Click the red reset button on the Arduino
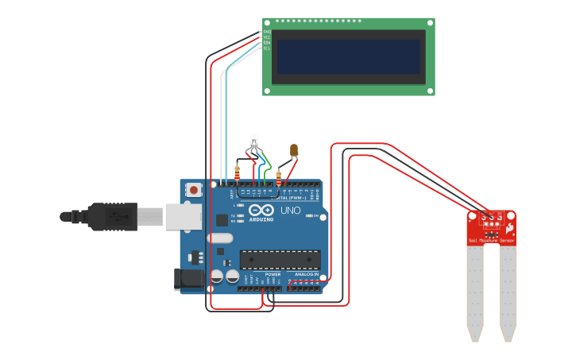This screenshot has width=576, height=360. (194, 190)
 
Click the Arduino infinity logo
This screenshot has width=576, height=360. (261, 211)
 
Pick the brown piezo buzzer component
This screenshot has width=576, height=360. (294, 149)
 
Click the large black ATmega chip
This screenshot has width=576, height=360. (280, 260)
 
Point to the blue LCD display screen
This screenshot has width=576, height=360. (348, 56)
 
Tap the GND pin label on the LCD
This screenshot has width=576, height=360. (267, 32)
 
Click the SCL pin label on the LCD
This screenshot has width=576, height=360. (267, 48)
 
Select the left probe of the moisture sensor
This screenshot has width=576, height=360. (474, 290)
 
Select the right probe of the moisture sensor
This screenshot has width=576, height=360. (508, 290)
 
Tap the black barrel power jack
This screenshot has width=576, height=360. (187, 279)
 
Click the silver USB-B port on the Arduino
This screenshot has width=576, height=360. (182, 216)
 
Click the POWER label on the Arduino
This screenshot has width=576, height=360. (273, 274)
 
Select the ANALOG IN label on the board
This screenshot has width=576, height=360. (306, 274)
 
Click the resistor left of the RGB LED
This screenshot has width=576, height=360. (238, 170)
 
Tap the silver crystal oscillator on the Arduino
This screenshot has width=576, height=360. (220, 238)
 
